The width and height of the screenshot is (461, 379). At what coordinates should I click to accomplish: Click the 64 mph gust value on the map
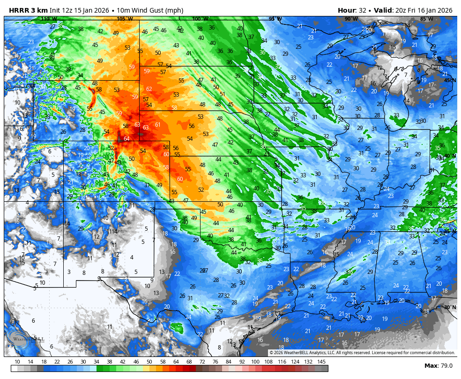tap(126, 139)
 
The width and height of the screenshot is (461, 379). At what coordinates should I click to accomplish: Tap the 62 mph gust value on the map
tap(149, 89)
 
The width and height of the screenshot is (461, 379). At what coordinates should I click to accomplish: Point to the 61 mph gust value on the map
tap(158, 125)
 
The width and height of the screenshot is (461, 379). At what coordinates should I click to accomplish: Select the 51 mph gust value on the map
tap(223, 94)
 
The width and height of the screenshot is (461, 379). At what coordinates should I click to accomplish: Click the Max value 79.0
tap(445, 366)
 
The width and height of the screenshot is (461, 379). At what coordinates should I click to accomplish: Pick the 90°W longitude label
tap(348, 19)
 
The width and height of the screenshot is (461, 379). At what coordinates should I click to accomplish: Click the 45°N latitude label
tap(450, 80)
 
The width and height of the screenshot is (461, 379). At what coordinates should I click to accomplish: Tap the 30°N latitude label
tap(450, 307)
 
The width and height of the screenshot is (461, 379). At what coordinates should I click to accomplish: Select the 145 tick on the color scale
tap(321, 362)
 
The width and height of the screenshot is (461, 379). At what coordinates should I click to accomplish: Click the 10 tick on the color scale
tap(17, 362)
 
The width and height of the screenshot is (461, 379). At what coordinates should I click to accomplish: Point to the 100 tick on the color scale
tap(255, 362)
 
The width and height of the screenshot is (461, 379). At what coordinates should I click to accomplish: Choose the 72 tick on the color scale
tap(202, 362)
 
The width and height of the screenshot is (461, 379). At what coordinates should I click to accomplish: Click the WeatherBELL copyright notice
tap(362, 353)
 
